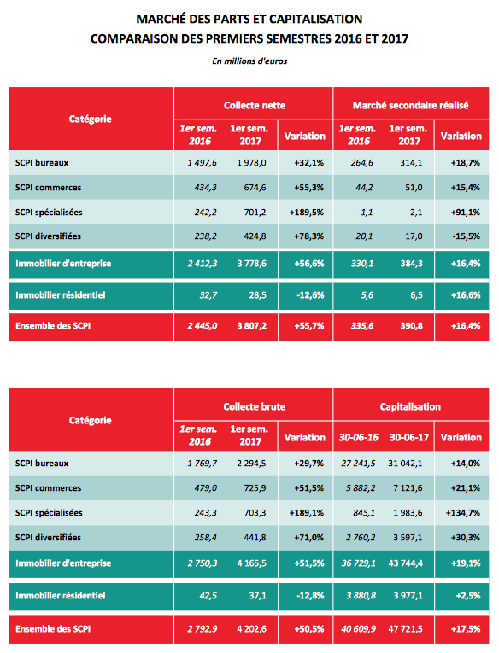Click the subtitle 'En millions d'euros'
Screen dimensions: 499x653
point(249,61)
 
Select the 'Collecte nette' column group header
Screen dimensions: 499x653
point(255,105)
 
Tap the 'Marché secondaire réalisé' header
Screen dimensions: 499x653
point(411,105)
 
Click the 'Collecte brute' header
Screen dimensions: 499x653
point(255,406)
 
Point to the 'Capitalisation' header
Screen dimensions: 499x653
point(410,406)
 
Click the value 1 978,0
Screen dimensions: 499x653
point(251,163)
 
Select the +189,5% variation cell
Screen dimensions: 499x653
point(307,213)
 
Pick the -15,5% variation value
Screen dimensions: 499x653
point(466,236)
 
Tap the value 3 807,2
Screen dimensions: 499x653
point(251,326)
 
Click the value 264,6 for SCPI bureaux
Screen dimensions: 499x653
point(361,163)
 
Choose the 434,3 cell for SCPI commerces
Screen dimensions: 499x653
point(206,188)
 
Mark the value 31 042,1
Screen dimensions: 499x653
point(405,464)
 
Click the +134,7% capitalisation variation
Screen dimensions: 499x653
point(463,513)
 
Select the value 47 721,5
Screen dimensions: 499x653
point(405,629)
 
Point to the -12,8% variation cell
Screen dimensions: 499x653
point(310,596)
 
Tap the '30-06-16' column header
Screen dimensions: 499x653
point(359,437)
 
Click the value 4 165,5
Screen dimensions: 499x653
point(251,563)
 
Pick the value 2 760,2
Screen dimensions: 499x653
point(361,538)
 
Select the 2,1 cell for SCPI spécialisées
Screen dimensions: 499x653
point(416,213)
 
